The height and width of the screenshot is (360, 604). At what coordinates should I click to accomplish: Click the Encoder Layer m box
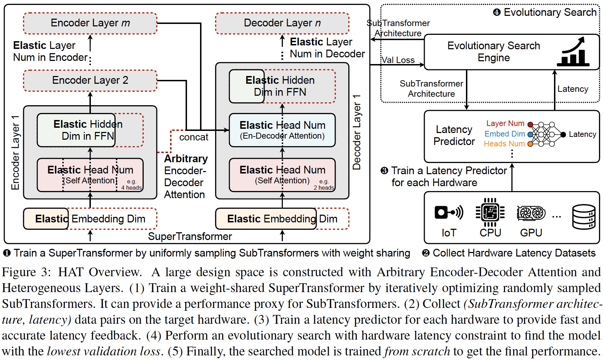click(x=90, y=23)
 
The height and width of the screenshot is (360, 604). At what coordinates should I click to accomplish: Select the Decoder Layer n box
click(x=282, y=23)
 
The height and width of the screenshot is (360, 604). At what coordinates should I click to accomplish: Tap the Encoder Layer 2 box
click(x=90, y=81)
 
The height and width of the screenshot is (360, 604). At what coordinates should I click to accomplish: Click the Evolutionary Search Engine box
click(x=494, y=52)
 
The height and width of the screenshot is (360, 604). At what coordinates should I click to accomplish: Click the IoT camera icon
click(x=448, y=212)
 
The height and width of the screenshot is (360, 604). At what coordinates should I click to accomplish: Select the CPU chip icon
click(x=490, y=212)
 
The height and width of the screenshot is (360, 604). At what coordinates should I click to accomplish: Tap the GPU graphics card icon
click(x=531, y=213)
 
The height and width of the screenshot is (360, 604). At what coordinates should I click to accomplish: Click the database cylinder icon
click(x=584, y=216)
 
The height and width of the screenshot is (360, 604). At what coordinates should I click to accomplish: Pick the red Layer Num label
click(x=505, y=124)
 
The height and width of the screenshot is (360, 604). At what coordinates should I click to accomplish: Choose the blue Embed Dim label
click(x=504, y=134)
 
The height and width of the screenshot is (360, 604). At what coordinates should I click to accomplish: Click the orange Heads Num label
click(x=504, y=144)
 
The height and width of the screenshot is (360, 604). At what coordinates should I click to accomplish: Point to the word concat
click(x=194, y=137)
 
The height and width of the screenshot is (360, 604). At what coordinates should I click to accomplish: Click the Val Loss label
click(x=398, y=60)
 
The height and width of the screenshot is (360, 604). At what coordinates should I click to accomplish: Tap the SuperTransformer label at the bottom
click(x=190, y=236)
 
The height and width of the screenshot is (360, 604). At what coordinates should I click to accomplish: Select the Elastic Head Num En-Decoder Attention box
click(x=282, y=130)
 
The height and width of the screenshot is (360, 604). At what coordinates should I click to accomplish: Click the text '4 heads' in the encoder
click(x=131, y=188)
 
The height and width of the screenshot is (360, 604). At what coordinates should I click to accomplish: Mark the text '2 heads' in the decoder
click(x=324, y=188)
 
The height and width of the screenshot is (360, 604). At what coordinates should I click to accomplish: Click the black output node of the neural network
click(x=563, y=134)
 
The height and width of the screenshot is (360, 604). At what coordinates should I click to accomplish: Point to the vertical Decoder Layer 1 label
click(x=357, y=132)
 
